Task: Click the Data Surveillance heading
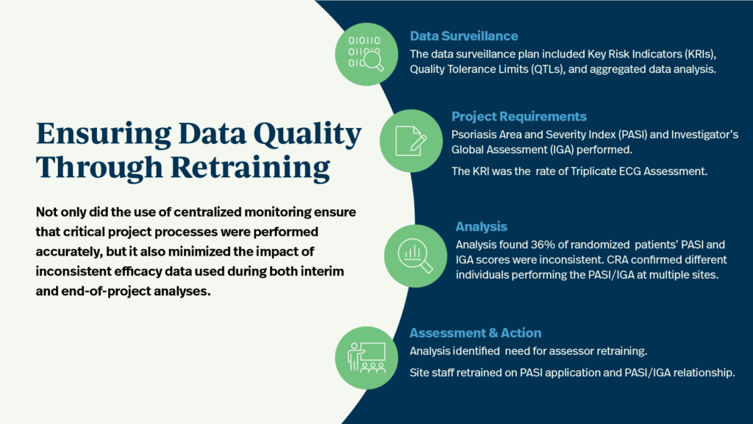(x=463, y=36)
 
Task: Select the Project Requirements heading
(x=518, y=117)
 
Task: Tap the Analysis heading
(x=481, y=227)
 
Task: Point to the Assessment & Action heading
(x=476, y=333)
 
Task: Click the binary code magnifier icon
(x=366, y=54)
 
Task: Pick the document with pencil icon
(x=411, y=140)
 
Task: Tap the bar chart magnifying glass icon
(x=415, y=256)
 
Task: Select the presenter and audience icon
(x=366, y=358)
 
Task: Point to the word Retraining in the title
(x=250, y=168)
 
